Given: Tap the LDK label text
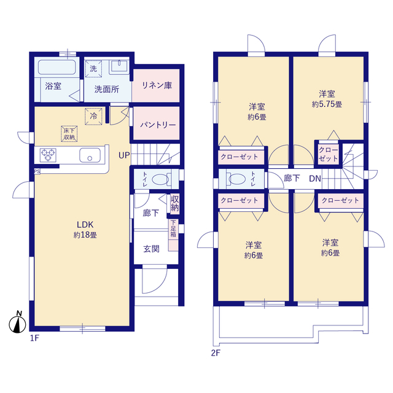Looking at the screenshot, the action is [85, 224].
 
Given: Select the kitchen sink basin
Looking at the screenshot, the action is [90, 155].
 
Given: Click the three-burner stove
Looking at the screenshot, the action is [48, 155].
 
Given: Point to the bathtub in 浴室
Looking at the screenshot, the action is [57, 67].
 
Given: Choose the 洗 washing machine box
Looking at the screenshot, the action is [93, 68].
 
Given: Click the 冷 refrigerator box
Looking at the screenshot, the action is [93, 116].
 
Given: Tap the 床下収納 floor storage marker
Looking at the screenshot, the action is [69, 134].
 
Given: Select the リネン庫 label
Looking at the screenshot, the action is [157, 85].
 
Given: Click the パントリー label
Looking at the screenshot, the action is [158, 125].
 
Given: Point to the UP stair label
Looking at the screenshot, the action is [124, 155].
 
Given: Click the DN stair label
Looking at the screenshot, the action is [315, 179].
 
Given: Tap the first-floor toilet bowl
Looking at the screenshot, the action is [160, 179].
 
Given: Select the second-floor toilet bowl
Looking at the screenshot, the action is [237, 179].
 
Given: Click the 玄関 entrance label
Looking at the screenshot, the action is [151, 249].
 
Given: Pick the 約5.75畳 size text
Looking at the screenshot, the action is [327, 104].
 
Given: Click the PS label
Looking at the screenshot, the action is [37, 172].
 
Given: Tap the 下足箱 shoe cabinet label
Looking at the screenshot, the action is [173, 228].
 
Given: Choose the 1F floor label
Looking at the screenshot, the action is [35, 338].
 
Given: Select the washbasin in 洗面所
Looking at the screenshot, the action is [119, 66].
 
